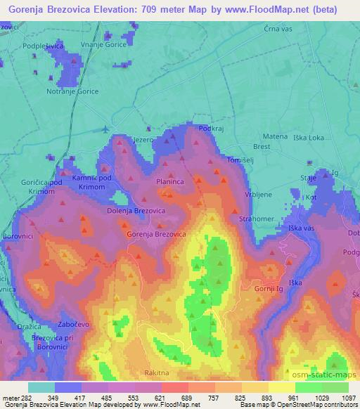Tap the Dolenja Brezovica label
[x=136, y=210]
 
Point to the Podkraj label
[x=212, y=129]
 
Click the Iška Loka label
[x=310, y=138]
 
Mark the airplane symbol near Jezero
[x=105, y=129]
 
